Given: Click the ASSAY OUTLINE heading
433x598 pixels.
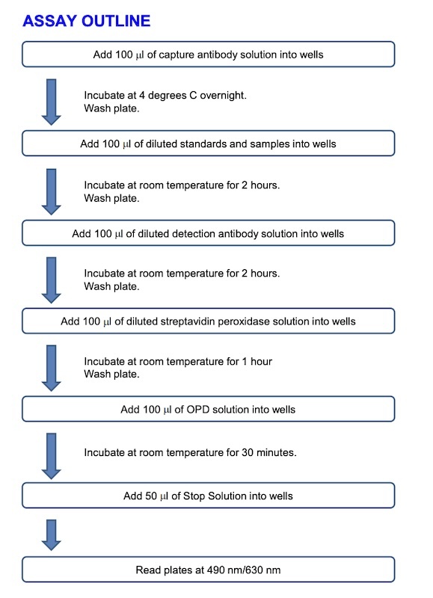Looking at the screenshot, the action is click(x=87, y=21).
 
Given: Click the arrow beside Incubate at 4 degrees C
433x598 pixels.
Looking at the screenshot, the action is click(x=51, y=102).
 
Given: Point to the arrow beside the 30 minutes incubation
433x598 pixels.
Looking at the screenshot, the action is click(x=51, y=456).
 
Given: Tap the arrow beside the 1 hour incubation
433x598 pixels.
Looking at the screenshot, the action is click(x=51, y=368).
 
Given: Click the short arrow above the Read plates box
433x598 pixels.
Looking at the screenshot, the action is click(x=51, y=535).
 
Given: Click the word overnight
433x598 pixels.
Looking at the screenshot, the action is click(x=223, y=96).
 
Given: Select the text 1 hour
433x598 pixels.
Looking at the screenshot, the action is click(x=257, y=361).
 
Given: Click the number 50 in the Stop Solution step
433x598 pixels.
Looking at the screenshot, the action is click(x=151, y=496).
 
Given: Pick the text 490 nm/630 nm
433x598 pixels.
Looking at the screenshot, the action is click(x=244, y=570).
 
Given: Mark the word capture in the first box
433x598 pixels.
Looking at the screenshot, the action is click(x=176, y=55).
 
